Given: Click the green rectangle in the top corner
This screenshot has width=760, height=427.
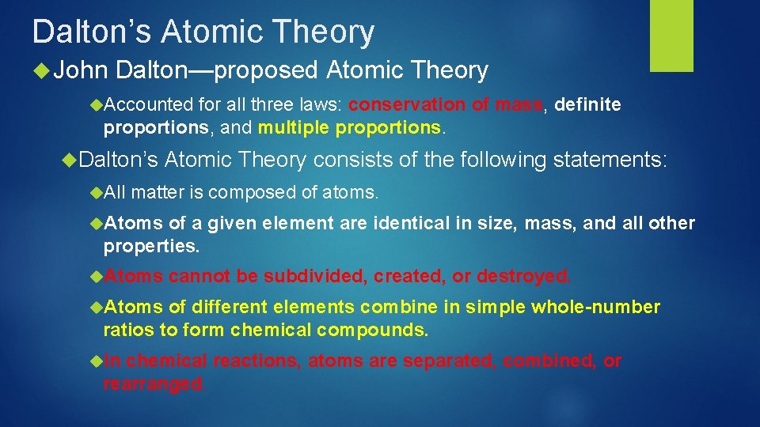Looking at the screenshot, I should [x=671, y=35].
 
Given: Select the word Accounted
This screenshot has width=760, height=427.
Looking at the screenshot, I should [x=148, y=104].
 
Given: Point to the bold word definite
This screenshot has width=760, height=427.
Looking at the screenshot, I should [x=588, y=104].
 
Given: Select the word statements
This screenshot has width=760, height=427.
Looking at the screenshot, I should [x=610, y=161].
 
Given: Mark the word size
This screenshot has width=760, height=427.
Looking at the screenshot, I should [x=490, y=224].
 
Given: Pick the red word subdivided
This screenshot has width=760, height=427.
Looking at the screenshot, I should [x=315, y=276].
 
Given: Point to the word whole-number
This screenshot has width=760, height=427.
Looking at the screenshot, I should [x=595, y=308].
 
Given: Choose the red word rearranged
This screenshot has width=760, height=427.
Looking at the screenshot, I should [x=153, y=384].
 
